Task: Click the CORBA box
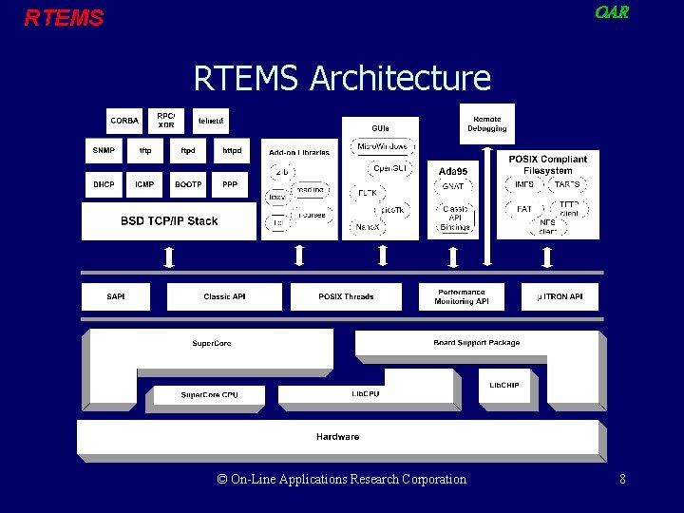124,121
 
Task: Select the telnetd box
211,121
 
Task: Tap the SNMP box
104,150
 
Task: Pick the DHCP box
104,184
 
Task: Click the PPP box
231,184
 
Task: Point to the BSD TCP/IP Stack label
169,221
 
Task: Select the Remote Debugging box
486,123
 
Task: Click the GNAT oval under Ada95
454,187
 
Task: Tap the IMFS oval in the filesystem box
524,184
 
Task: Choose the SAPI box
116,296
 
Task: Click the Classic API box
224,296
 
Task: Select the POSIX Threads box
346,296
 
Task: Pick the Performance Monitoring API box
462,296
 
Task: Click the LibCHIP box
504,386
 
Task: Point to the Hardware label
337,437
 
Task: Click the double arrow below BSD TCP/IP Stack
169,256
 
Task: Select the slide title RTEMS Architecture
342,78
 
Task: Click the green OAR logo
611,13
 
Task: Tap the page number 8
622,480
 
